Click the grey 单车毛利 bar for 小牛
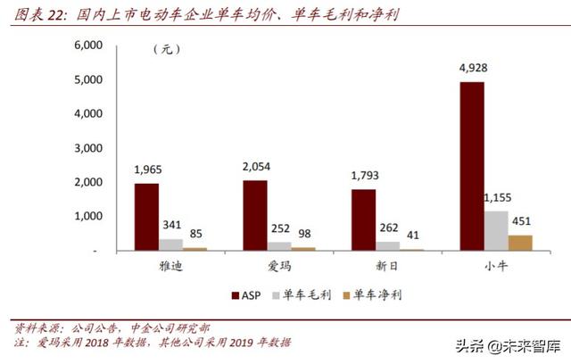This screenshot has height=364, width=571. coord(495,230)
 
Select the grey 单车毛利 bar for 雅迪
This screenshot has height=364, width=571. coord(171,244)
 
